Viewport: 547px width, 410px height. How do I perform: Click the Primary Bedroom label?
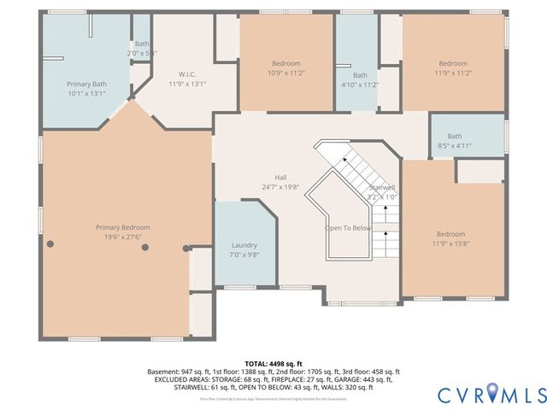(122, 227)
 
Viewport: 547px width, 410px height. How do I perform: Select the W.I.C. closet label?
(188, 73)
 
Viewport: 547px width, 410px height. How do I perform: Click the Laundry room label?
(244, 245)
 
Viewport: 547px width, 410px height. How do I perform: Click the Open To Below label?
(348, 228)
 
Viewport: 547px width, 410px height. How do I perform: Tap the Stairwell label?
(382, 187)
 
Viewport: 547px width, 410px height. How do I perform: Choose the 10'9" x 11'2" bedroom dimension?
(286, 73)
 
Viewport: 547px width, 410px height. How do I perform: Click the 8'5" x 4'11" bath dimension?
(454, 146)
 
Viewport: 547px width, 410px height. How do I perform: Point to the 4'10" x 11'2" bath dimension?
(360, 85)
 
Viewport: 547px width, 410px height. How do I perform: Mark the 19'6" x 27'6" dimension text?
(122, 237)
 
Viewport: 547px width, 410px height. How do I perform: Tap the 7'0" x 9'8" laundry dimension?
(244, 255)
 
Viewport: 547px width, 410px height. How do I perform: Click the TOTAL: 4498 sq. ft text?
(273, 363)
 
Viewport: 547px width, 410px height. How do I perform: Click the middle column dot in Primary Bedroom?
(145, 247)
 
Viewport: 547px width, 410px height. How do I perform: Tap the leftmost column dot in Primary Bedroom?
(50, 245)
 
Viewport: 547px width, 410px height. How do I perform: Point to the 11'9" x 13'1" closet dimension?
(188, 84)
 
